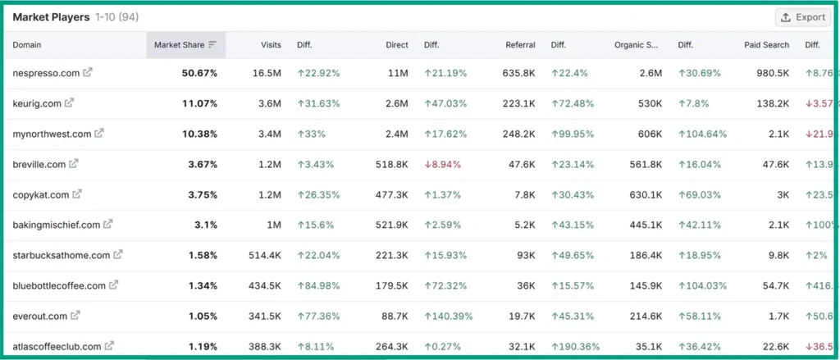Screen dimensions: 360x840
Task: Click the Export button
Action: [802, 17]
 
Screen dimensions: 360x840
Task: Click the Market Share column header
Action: [180, 45]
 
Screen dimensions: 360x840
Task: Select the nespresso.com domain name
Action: [46, 73]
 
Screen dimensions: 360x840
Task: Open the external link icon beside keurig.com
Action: [70, 103]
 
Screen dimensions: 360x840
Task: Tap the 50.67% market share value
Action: [199, 73]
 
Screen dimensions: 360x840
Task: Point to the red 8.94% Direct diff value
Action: [442, 164]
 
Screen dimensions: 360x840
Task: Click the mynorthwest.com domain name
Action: [52, 134]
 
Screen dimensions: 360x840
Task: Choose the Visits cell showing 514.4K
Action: [265, 255]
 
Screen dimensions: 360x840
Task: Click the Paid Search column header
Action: [767, 45]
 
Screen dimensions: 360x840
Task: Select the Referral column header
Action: [520, 45]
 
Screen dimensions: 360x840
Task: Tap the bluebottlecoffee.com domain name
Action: [59, 285]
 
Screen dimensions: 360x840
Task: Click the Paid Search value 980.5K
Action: [772, 73]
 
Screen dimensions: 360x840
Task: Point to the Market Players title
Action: [51, 17]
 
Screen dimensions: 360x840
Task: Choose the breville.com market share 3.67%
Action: [202, 164]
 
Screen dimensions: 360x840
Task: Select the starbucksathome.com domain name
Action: [62, 255]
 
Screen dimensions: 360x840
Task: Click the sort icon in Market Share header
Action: [212, 45]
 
